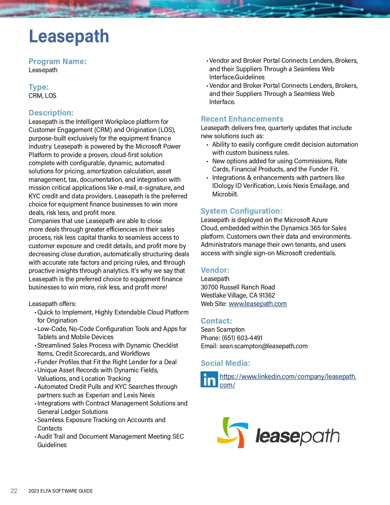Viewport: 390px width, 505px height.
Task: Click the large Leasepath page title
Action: [x=69, y=36]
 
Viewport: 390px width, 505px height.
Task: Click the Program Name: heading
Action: [x=58, y=61]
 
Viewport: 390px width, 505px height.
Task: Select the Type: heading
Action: [x=38, y=87]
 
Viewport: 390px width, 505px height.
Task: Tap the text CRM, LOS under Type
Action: [x=42, y=96]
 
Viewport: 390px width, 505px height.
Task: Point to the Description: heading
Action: [x=51, y=113]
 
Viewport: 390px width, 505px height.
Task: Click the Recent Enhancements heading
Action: [x=242, y=119]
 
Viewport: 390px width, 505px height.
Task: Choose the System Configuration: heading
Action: [x=241, y=211]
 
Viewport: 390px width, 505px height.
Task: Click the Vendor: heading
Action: [x=215, y=270]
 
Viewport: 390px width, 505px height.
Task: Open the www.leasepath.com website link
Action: [x=258, y=304]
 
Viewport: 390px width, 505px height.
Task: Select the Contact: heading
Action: [x=216, y=321]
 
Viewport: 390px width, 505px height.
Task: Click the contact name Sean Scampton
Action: [x=223, y=329]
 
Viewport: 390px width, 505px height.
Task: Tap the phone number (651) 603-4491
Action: [x=242, y=338]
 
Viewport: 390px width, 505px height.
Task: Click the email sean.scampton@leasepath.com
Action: [x=263, y=346]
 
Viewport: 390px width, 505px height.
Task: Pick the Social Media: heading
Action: [x=226, y=363]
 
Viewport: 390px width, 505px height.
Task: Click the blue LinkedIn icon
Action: [x=209, y=379]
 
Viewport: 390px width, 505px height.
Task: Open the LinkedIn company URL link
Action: [x=288, y=377]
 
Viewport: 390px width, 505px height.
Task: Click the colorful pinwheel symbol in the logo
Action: [x=232, y=432]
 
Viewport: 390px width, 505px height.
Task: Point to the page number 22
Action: [x=14, y=491]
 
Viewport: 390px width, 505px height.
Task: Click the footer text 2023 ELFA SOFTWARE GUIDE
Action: [x=61, y=491]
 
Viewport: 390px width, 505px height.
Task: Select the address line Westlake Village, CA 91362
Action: [x=238, y=295]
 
